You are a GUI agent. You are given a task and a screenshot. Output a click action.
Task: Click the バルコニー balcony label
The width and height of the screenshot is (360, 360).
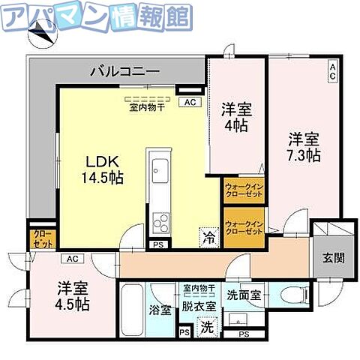pos(124,72)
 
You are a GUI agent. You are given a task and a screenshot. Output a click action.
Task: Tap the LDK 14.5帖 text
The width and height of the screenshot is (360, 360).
pos(102,170)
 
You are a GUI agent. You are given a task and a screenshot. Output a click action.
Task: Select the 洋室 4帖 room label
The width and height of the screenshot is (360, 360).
pos(235,117)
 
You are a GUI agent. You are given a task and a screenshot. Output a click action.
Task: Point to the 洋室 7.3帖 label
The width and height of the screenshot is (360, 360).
pos(304,147)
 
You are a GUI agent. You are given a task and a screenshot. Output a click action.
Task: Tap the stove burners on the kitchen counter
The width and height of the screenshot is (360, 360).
pos(160,222)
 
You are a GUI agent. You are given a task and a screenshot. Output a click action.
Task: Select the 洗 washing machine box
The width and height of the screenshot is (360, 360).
pos(206,327)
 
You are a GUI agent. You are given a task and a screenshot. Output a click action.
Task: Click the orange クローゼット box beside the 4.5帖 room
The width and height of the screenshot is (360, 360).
pos(38,239)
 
